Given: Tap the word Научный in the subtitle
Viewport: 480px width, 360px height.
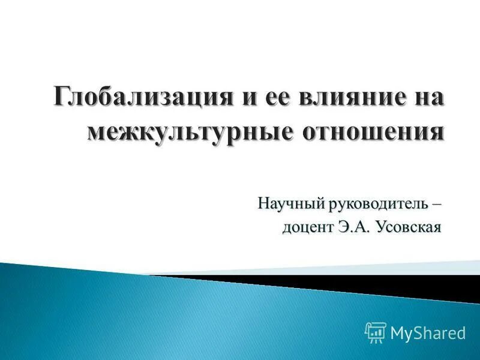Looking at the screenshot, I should click(292, 204).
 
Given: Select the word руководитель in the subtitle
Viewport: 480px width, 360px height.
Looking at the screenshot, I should click(377, 204).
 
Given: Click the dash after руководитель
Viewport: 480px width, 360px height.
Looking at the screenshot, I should click(436, 204).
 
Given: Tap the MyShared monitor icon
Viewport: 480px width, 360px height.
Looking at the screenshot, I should click(375, 331).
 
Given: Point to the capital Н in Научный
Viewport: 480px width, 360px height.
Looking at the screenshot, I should click(263, 204).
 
